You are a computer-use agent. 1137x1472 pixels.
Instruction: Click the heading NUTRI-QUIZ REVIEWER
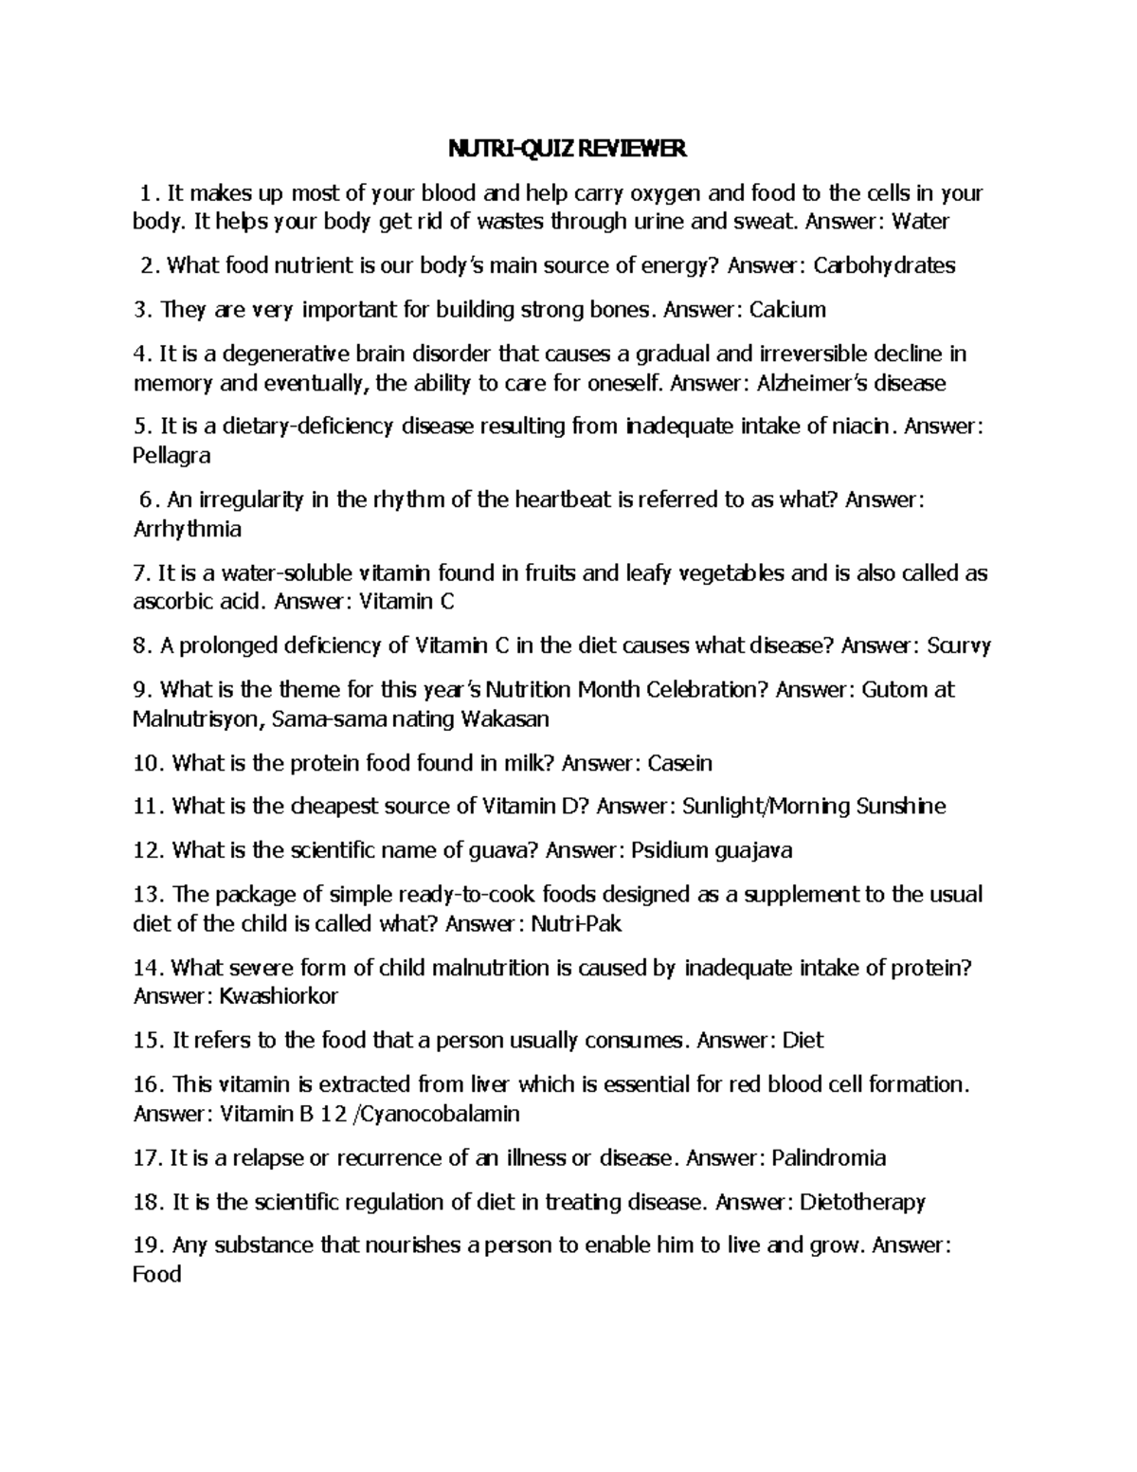pos(567,150)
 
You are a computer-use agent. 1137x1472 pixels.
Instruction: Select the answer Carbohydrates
pos(885,265)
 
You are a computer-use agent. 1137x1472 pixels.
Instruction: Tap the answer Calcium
pos(787,310)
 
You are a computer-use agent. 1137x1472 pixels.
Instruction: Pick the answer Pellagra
pos(172,456)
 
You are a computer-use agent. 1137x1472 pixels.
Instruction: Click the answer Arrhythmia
pos(188,528)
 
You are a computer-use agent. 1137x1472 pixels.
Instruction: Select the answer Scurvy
pos(959,645)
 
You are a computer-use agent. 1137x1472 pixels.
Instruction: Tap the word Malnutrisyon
pos(195,718)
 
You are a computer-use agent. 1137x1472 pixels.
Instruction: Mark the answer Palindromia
pos(829,1157)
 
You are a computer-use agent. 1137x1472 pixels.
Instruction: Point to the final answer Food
pos(157,1275)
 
